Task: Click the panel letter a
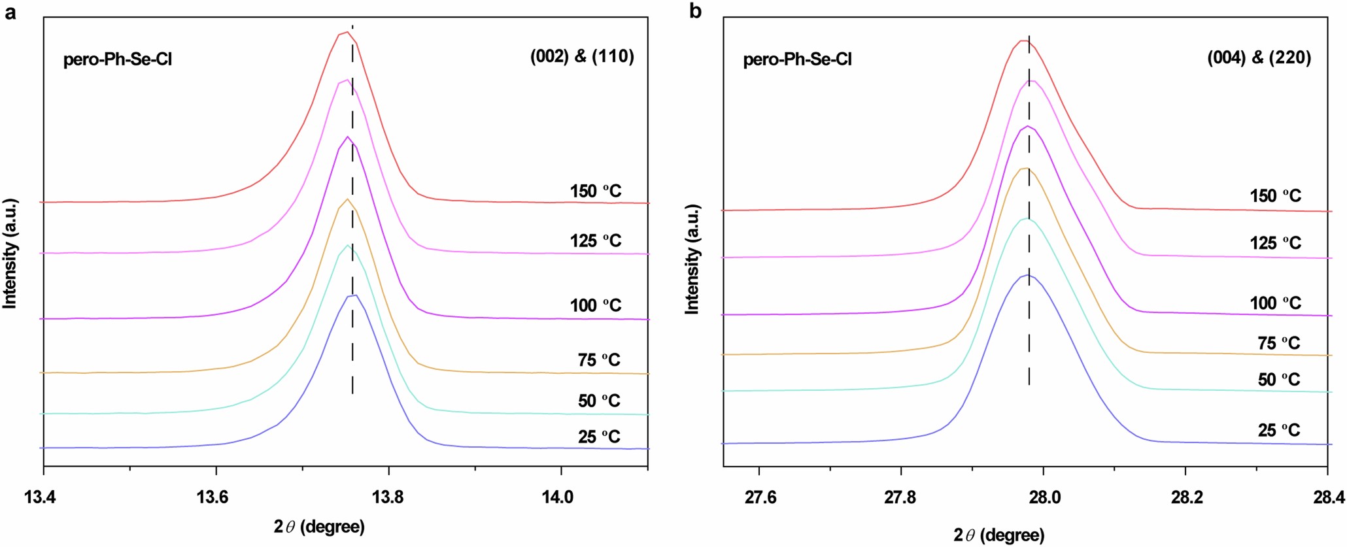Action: tap(10, 12)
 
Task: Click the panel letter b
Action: tap(695, 11)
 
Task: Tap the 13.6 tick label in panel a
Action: tap(213, 497)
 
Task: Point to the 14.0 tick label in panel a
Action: tap(558, 497)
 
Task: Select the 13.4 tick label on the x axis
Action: tap(40, 497)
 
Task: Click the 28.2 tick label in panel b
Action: tap(1187, 497)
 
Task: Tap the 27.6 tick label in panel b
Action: tap(760, 497)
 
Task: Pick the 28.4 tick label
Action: tap(1329, 497)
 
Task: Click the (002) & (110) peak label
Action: tap(582, 56)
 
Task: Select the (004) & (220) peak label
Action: tap(1259, 58)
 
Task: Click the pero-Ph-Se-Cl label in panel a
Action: tap(118, 59)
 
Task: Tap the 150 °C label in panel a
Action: tap(595, 191)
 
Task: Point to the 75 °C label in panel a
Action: tap(598, 359)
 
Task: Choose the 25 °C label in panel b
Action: tap(1278, 430)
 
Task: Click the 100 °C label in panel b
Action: tap(1275, 303)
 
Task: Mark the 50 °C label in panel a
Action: tap(598, 400)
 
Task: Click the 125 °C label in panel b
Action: tap(1275, 242)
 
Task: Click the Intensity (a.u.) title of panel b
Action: tap(692, 259)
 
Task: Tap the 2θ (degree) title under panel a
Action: tap(319, 527)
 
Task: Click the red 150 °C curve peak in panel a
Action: tap(347, 32)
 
